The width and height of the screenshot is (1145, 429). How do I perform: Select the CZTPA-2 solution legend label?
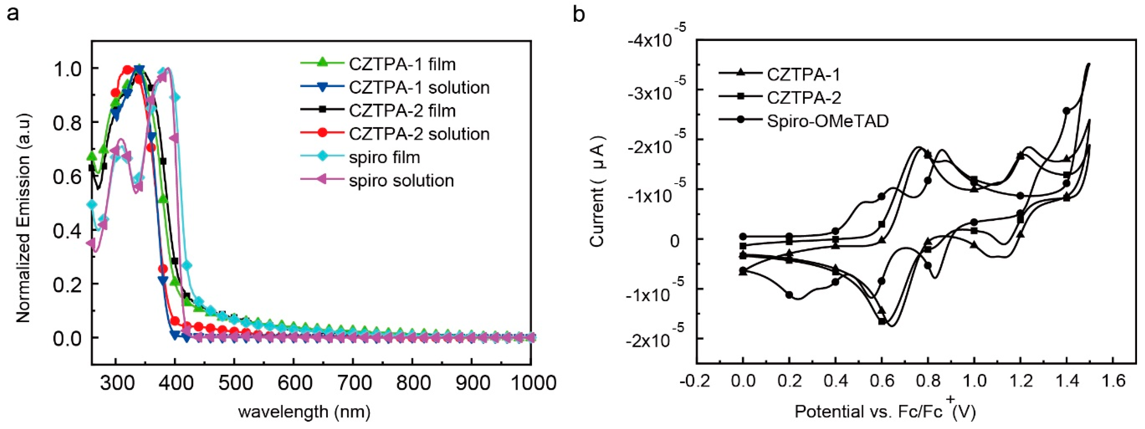(419, 134)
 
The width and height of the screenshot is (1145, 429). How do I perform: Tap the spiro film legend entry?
(384, 157)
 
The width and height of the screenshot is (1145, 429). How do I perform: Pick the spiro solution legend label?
(401, 181)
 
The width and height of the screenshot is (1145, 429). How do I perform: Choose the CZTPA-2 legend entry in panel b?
(804, 98)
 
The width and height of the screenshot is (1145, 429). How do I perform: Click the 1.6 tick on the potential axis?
(1114, 381)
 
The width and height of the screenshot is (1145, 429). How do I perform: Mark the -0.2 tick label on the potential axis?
(696, 381)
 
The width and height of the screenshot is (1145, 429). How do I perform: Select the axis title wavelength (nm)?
(304, 412)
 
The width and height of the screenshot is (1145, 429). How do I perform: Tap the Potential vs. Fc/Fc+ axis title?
(885, 411)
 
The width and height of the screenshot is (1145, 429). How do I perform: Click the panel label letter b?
(579, 15)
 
